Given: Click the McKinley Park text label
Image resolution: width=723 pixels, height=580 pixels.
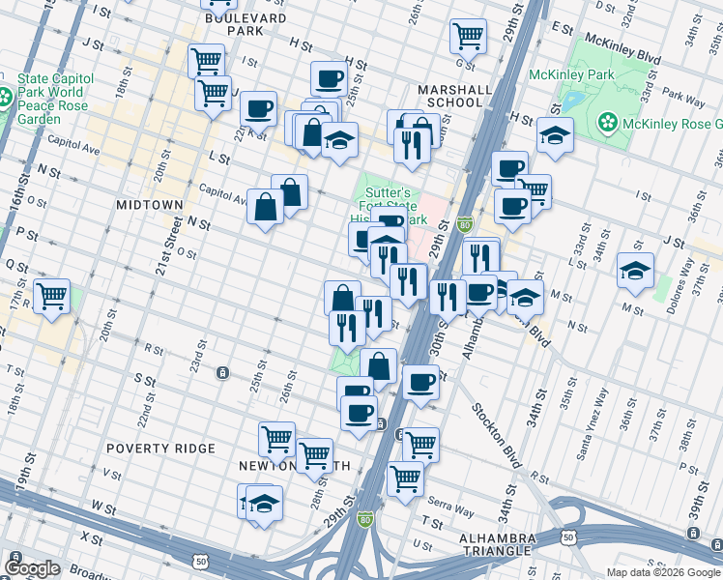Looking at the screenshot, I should click(567, 74).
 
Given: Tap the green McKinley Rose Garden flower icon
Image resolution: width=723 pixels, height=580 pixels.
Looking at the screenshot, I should click(608, 123).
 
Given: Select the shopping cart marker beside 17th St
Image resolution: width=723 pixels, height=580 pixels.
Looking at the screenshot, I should click(51, 295).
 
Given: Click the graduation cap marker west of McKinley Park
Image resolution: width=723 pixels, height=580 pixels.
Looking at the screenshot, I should click(555, 136).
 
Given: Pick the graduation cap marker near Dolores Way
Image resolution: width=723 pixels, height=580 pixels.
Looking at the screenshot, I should click(635, 272).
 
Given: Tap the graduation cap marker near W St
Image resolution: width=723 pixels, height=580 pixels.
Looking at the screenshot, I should click(263, 504).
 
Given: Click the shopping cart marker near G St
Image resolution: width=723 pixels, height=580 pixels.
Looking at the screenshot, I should click(468, 36).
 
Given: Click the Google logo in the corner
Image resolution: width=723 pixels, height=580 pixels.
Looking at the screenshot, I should click(32, 568).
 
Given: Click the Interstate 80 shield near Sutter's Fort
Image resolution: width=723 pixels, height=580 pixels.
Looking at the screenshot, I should click(464, 223).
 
